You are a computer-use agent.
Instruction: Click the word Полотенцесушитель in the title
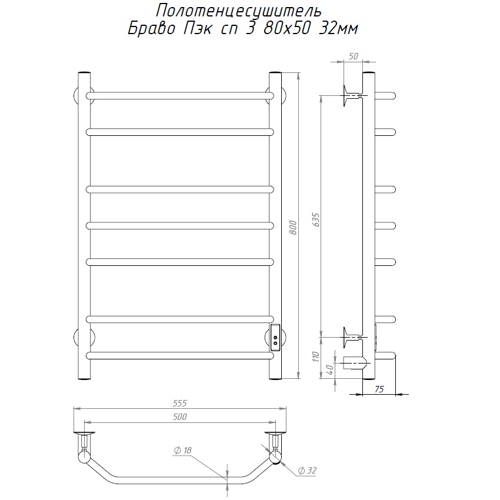point(238,12)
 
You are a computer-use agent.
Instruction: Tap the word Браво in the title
point(151,29)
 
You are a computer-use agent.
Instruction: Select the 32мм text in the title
point(339,29)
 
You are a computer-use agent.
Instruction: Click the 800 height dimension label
point(294,227)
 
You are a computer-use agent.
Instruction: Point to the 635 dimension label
point(316,219)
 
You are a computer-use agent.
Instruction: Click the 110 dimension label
point(316,356)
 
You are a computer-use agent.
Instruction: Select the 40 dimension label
point(330,369)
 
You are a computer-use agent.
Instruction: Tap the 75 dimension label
point(379,389)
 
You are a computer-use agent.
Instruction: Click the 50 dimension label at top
point(354,56)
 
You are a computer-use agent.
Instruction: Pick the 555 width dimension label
point(179,403)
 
